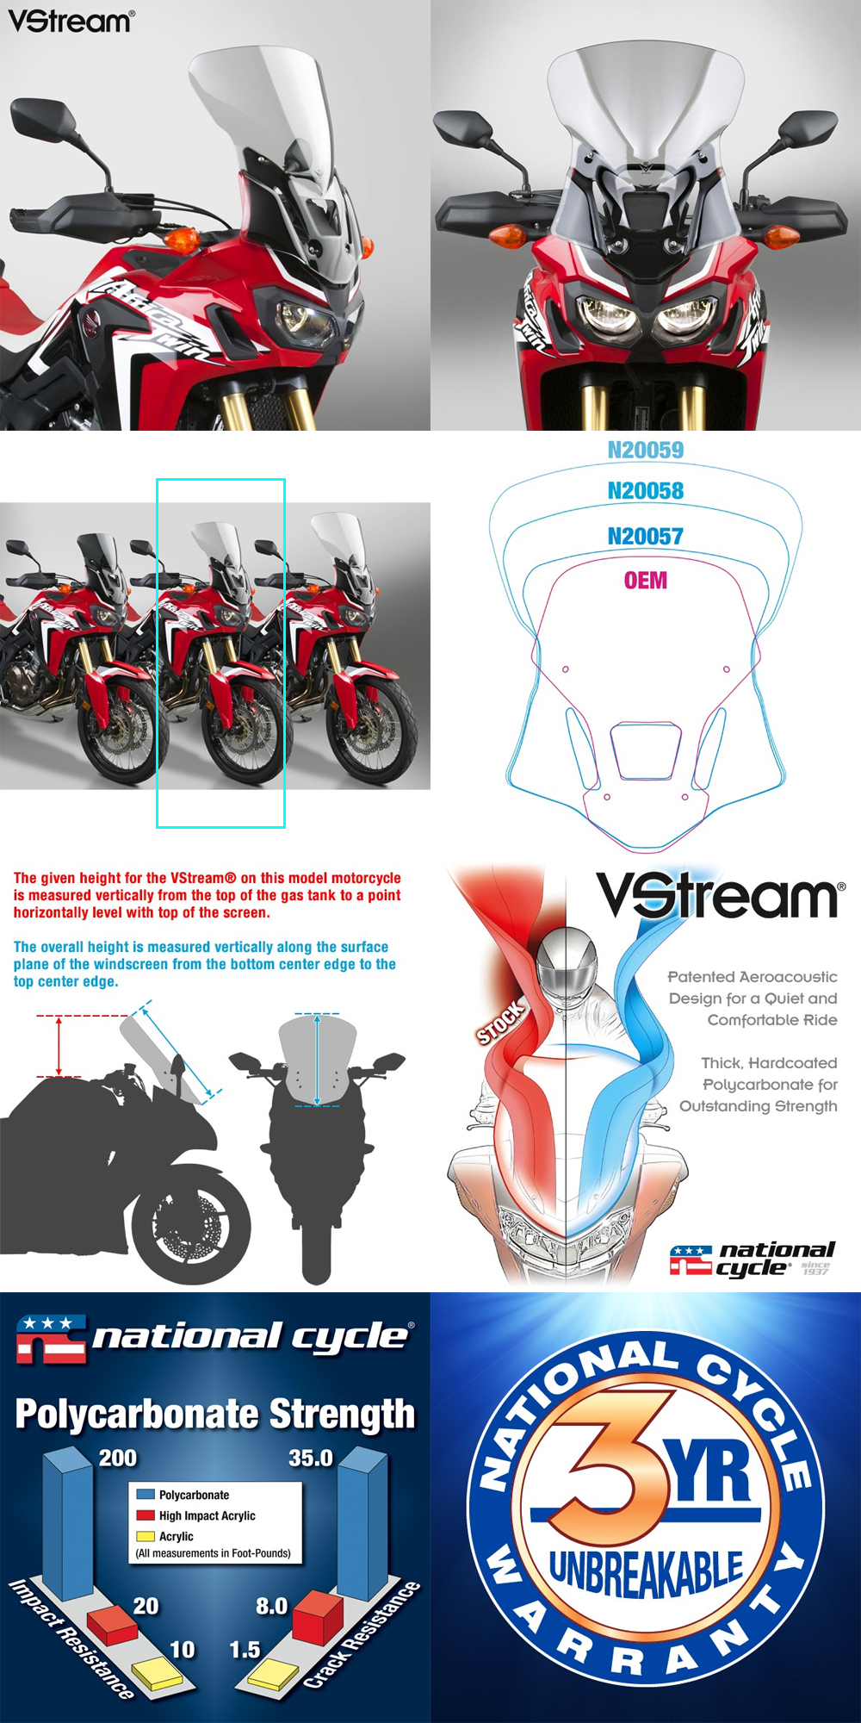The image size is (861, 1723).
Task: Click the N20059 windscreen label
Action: click(x=646, y=450)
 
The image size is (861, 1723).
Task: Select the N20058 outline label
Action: click(x=646, y=491)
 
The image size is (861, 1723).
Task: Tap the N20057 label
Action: click(x=646, y=536)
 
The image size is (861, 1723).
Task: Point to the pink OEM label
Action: click(x=646, y=581)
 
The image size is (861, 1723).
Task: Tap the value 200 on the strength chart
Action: click(x=118, y=1458)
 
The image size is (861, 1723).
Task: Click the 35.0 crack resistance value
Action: click(x=311, y=1458)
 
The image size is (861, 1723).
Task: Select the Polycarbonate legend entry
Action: click(x=183, y=1495)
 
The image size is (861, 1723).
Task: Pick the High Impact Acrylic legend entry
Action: click(x=196, y=1515)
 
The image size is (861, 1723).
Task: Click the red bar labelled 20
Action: click(x=112, y=1623)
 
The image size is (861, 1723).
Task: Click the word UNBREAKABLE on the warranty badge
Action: click(x=646, y=1573)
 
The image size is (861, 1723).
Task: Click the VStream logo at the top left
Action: click(x=71, y=21)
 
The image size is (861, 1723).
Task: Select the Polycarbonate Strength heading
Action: click(x=215, y=1414)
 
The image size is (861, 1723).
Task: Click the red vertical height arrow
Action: click(x=59, y=1047)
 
